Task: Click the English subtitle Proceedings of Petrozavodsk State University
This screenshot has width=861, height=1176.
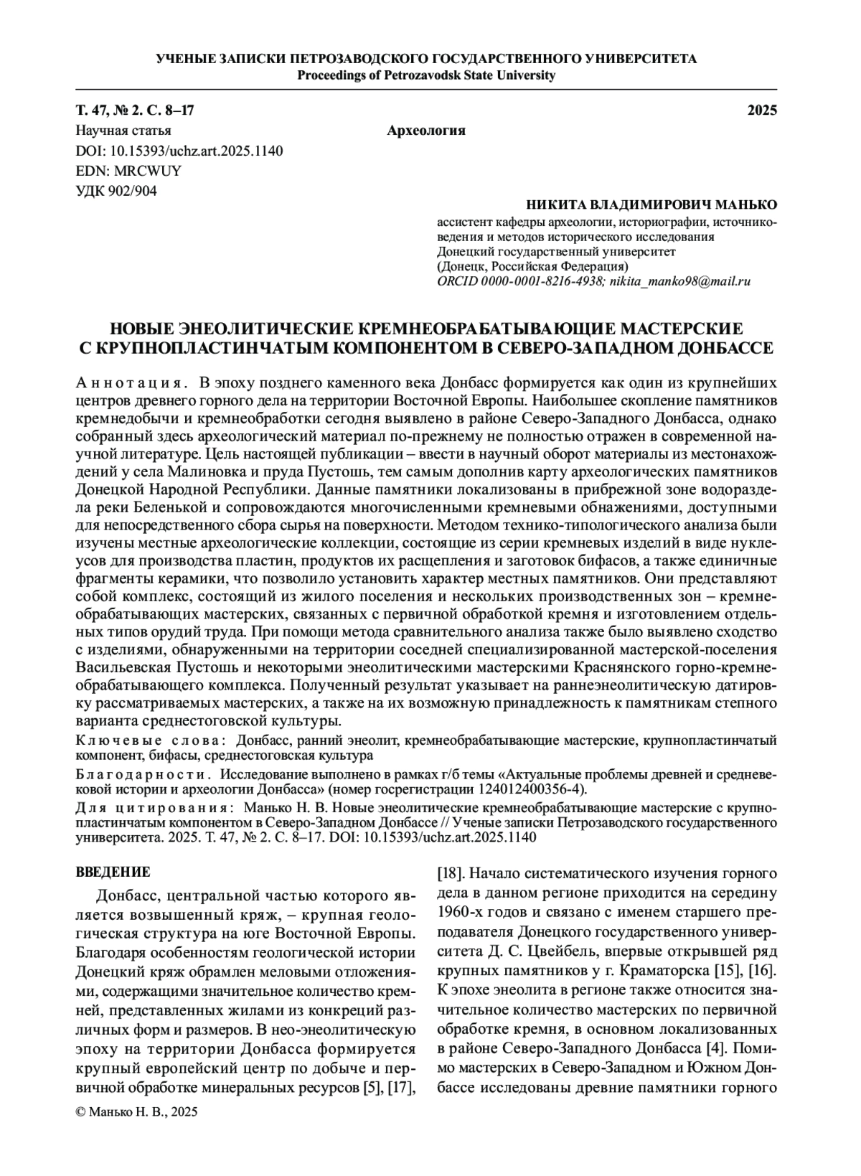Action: click(x=426, y=75)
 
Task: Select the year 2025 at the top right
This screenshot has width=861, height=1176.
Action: click(x=763, y=110)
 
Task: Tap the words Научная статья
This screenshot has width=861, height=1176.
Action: click(x=123, y=131)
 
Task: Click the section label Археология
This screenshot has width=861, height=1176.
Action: click(x=426, y=131)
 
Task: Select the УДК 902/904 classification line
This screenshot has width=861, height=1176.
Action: click(x=116, y=191)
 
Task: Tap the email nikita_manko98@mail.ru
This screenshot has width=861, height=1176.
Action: click(x=679, y=281)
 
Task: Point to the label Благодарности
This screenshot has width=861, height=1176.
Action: click(x=143, y=776)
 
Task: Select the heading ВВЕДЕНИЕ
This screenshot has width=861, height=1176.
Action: click(x=113, y=873)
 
